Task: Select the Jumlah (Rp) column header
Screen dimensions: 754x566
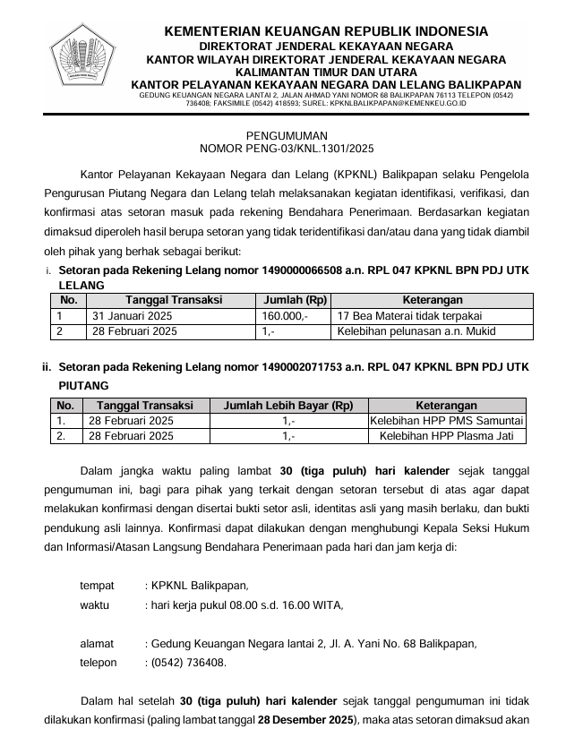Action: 291,300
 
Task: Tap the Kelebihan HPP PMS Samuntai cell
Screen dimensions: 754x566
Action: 447,421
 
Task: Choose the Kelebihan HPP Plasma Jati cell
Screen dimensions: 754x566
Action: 447,436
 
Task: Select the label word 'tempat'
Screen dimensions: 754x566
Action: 97,586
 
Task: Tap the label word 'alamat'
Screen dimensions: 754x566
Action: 97,643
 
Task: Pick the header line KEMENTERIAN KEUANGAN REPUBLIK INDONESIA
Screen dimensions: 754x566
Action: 326,32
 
